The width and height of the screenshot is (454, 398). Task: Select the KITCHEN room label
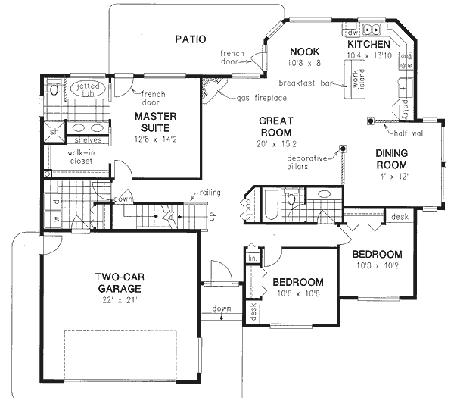pos(368,45)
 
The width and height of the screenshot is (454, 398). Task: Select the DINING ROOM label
pos(392,159)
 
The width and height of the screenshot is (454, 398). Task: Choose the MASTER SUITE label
pos(156,123)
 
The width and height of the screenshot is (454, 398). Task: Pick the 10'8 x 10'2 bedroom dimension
pos(375,266)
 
